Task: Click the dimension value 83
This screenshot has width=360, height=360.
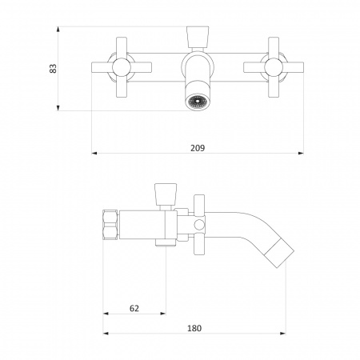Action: pyautogui.click(x=54, y=69)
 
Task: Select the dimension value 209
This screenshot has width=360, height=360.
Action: pyautogui.click(x=198, y=148)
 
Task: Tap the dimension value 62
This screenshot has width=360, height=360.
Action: pyautogui.click(x=134, y=308)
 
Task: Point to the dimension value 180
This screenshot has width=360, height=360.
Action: pyautogui.click(x=194, y=328)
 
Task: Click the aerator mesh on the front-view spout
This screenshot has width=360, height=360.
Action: pyautogui.click(x=198, y=102)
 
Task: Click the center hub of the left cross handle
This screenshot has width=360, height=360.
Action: pyautogui.click(x=122, y=67)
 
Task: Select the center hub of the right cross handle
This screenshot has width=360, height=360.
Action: pyautogui.click(x=274, y=67)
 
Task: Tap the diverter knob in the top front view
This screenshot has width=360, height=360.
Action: pyautogui.click(x=198, y=37)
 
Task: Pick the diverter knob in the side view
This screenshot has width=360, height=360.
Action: pyautogui.click(x=166, y=194)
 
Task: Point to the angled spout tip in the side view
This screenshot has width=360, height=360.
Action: pyautogui.click(x=280, y=253)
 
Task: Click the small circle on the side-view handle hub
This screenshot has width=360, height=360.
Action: pyautogui.click(x=199, y=225)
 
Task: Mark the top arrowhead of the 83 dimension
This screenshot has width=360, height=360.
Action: pyautogui.click(x=58, y=30)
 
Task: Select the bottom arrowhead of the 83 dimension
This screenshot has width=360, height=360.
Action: pyautogui.click(x=58, y=108)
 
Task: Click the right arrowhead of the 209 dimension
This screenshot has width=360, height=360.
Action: pyautogui.click(x=301, y=153)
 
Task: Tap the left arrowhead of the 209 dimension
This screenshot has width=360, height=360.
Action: pyautogui.click(x=94, y=153)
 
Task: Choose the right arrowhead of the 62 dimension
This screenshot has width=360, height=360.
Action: pyautogui.click(x=162, y=314)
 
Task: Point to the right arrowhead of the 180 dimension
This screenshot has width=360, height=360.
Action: pyautogui.click(x=282, y=333)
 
